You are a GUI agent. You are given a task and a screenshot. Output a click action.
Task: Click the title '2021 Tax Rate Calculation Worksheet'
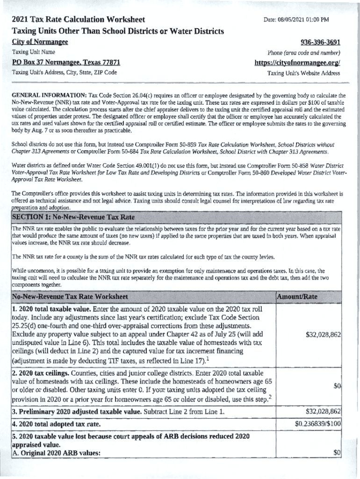click(78, 20)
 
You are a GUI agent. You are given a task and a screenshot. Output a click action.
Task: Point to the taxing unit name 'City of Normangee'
click(40, 42)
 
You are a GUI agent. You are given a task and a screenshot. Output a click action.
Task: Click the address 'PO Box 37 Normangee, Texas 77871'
click(66, 62)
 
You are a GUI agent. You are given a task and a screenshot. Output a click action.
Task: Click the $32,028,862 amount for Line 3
click(323, 412)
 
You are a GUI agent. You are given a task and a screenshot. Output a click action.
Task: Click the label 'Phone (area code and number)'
click(303, 52)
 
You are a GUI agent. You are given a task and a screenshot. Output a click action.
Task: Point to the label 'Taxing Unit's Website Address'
click(303, 73)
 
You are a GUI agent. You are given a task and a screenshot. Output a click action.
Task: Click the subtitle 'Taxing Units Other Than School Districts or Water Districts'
click(117, 31)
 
